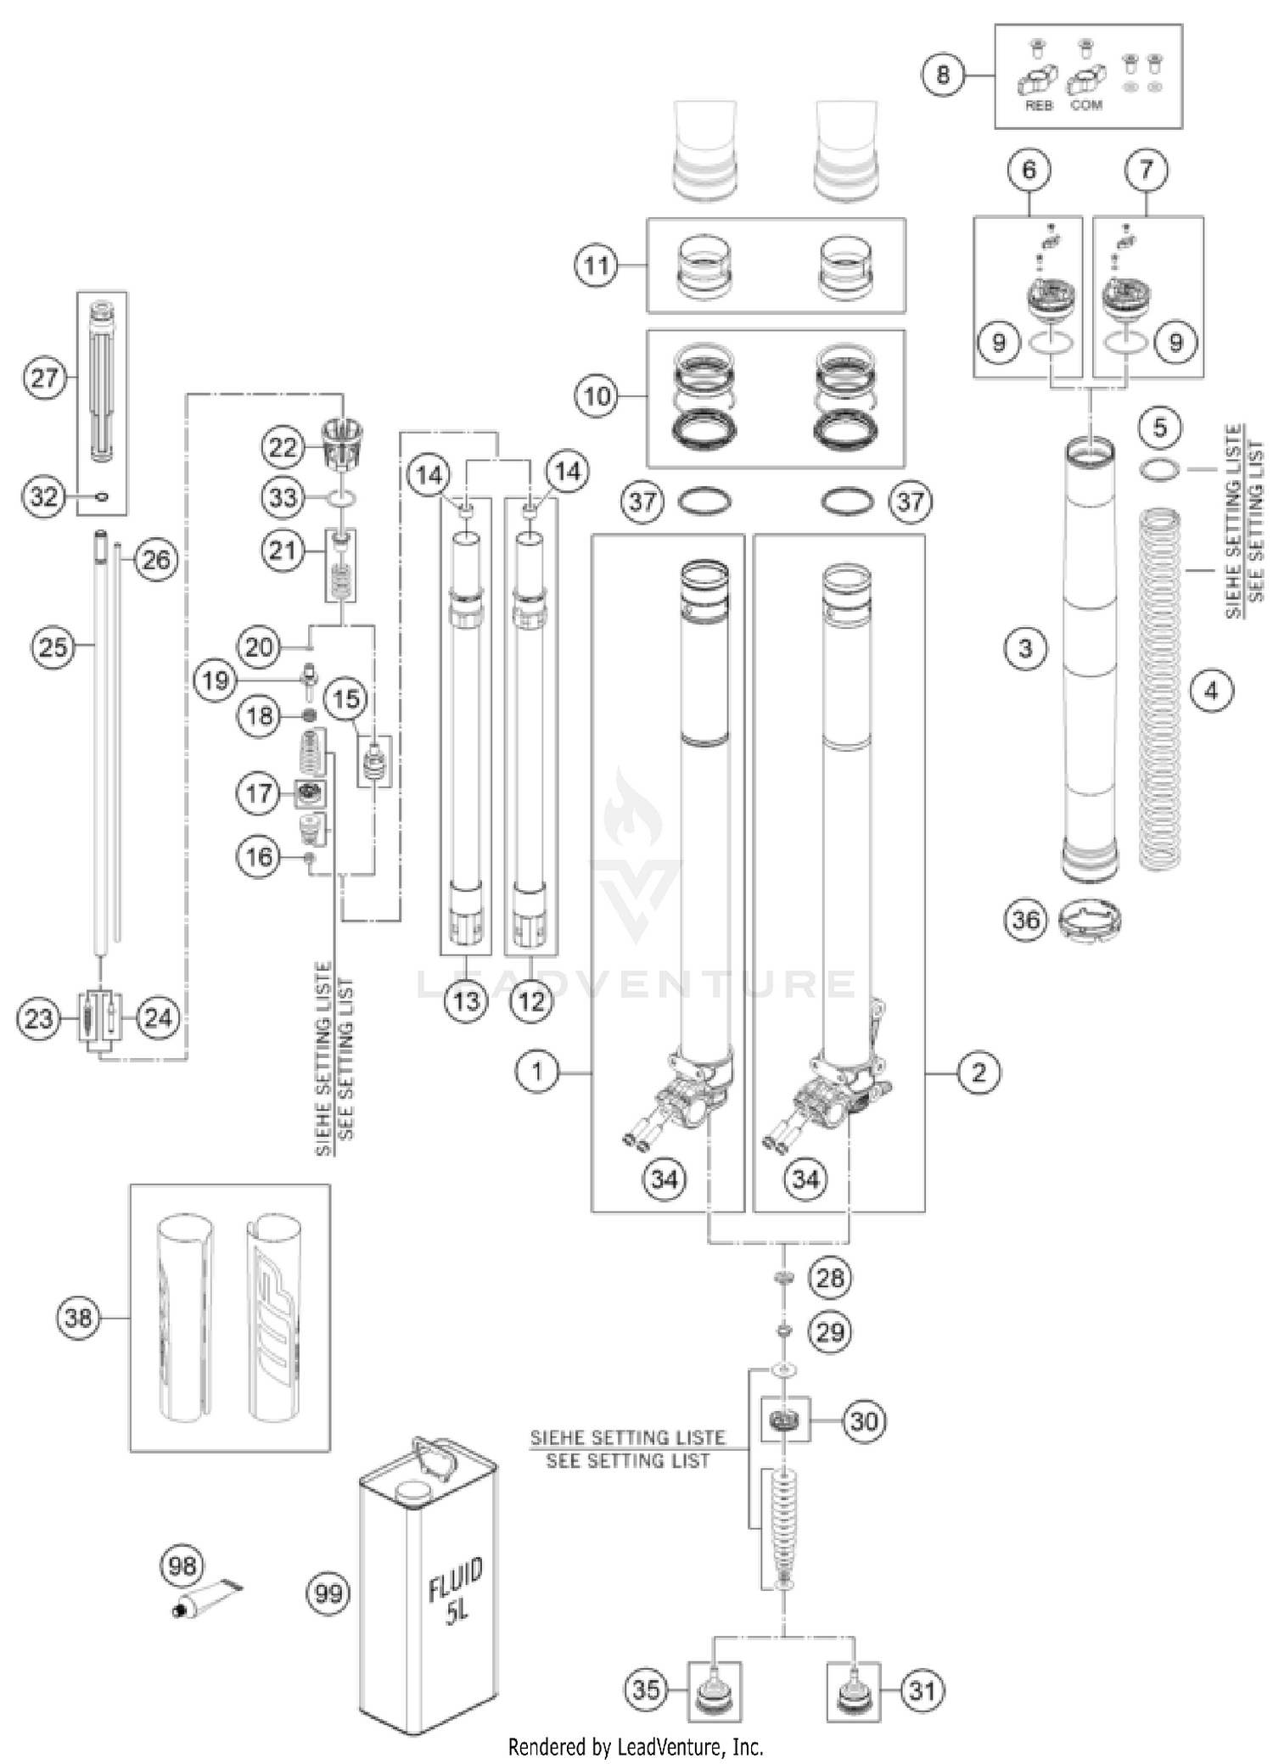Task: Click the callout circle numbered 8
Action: pos(943,75)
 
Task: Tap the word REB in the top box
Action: pos(1039,105)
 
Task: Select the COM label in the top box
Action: pos(1086,105)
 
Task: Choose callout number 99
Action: pos(328,1593)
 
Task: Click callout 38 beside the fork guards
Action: pos(78,1318)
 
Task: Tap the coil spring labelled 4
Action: pos(1160,687)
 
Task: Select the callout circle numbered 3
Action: pos(1025,649)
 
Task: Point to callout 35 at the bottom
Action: pos(646,1688)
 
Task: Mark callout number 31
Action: pos(923,1690)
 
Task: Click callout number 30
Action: pos(864,1420)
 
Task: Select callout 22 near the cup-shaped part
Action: pos(283,447)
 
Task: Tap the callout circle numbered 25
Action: pos(53,647)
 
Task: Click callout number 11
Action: pos(597,266)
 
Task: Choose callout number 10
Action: pos(597,395)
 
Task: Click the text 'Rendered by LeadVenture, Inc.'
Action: pos(636,1746)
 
